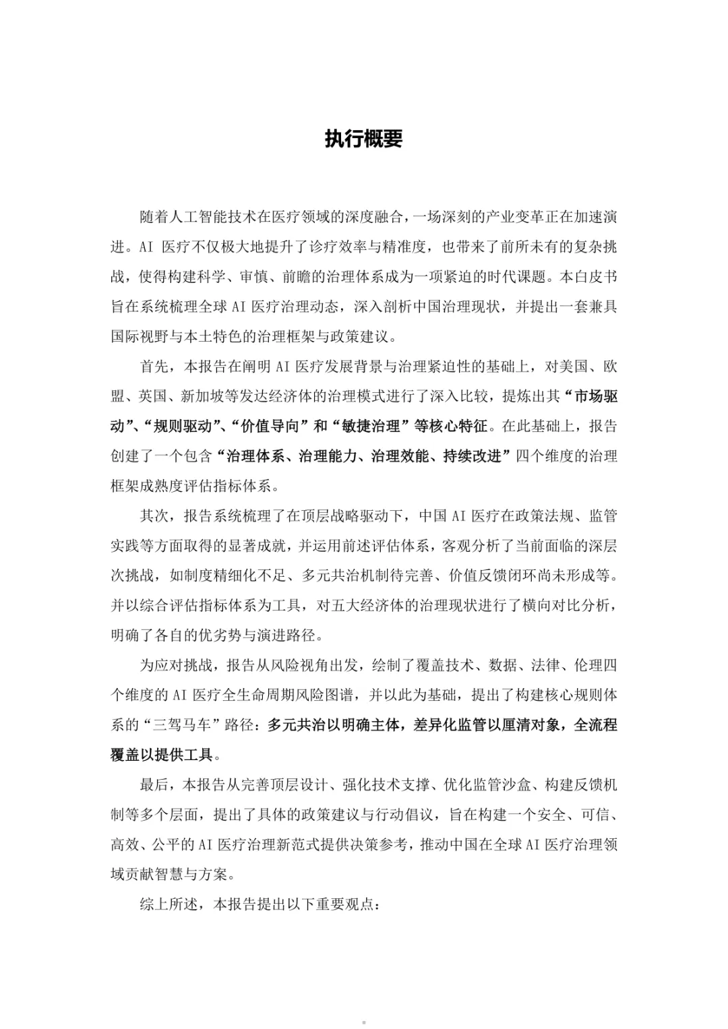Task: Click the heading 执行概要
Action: coord(363,139)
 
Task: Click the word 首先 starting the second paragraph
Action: coord(154,367)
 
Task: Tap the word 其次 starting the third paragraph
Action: coord(154,516)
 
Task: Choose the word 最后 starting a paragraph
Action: coord(154,785)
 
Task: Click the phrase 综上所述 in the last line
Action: coord(169,904)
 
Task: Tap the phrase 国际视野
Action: coord(140,336)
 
